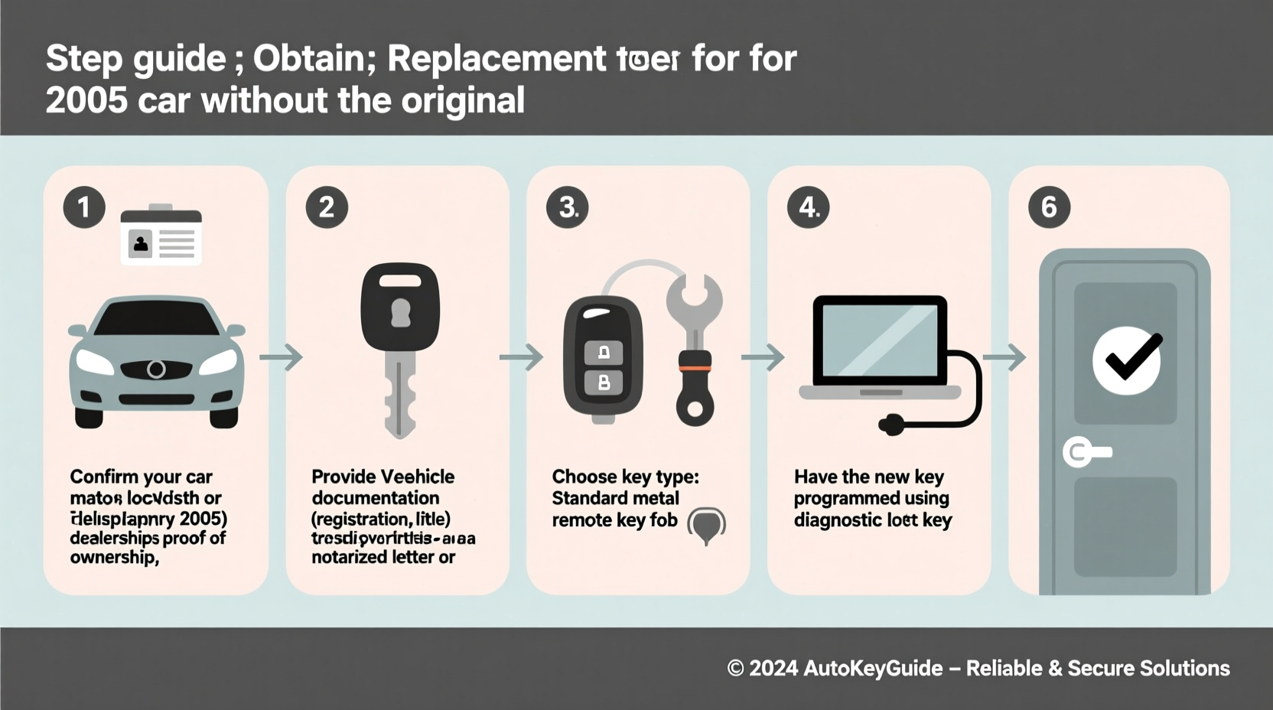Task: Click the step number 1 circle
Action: [84, 207]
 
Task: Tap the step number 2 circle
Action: [327, 207]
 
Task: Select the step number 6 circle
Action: [1049, 207]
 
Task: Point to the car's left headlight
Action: [94, 361]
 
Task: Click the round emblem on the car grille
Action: [156, 370]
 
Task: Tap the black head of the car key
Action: [400, 307]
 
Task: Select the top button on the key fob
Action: [604, 353]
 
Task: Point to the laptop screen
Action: [879, 339]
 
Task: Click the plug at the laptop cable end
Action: [891, 425]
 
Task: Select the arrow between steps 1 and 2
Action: [281, 357]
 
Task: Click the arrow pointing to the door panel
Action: [1004, 357]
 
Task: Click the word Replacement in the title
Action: [497, 59]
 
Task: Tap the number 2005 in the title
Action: [86, 100]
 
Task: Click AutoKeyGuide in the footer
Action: [873, 668]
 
